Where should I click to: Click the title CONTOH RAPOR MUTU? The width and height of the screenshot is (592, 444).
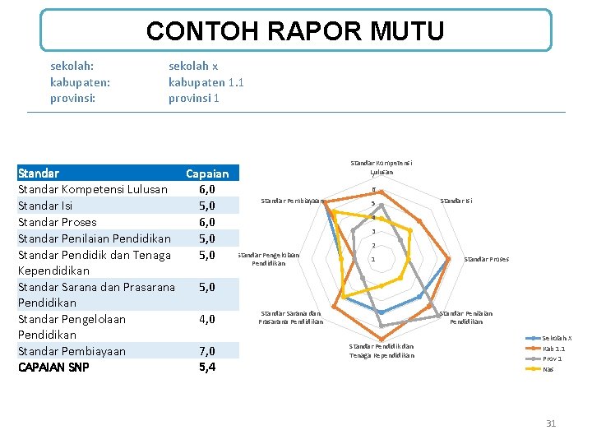(x=295, y=31)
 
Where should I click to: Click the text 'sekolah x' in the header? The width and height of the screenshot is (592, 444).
(x=193, y=66)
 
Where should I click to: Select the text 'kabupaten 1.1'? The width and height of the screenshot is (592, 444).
(x=206, y=82)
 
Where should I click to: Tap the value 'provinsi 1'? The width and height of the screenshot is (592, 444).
(x=194, y=99)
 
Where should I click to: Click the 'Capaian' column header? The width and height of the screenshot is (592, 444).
(x=207, y=173)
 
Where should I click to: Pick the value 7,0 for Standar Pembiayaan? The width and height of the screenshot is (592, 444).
(x=207, y=351)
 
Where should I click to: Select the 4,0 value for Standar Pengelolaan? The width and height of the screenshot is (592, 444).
(x=207, y=319)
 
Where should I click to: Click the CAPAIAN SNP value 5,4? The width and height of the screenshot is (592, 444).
(x=207, y=368)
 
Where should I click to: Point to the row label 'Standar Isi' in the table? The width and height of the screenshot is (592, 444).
(x=45, y=206)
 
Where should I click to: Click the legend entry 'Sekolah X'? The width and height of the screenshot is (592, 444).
(x=557, y=338)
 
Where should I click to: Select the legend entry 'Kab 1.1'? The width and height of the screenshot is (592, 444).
(x=553, y=349)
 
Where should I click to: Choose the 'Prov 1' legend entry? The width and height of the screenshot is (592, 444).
(x=552, y=358)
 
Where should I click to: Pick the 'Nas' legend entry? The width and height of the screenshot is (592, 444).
(x=548, y=369)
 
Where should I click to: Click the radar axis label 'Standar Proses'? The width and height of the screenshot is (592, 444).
(x=486, y=259)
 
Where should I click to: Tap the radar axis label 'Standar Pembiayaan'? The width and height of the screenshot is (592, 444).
(x=291, y=201)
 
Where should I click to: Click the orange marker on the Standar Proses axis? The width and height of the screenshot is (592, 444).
(x=449, y=260)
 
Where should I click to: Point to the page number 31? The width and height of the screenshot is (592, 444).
(x=551, y=423)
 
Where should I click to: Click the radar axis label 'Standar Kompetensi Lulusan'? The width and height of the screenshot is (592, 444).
(x=381, y=168)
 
